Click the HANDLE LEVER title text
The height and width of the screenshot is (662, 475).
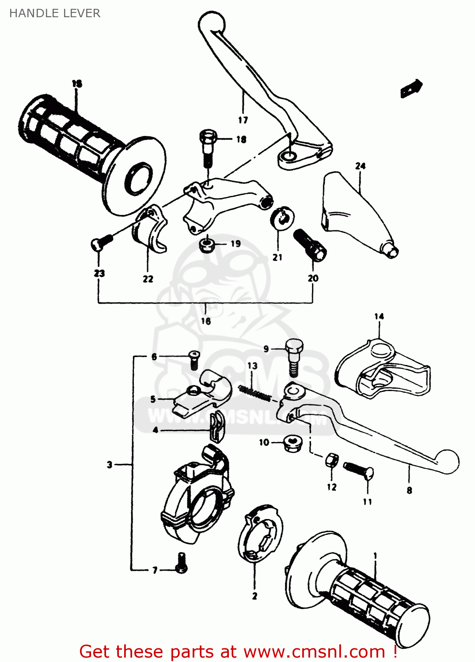click(x=55, y=13)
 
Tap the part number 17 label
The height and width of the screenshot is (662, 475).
click(x=243, y=120)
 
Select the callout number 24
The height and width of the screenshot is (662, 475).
click(x=360, y=166)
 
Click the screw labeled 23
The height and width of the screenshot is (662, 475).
click(x=101, y=242)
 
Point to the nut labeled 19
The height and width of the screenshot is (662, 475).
click(x=206, y=244)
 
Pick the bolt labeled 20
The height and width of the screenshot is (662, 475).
click(x=310, y=245)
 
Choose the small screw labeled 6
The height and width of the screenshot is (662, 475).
click(x=194, y=359)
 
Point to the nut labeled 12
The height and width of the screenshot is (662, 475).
click(x=331, y=461)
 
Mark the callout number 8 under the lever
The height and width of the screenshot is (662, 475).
click(x=409, y=490)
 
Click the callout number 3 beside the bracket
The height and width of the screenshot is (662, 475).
click(x=110, y=464)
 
